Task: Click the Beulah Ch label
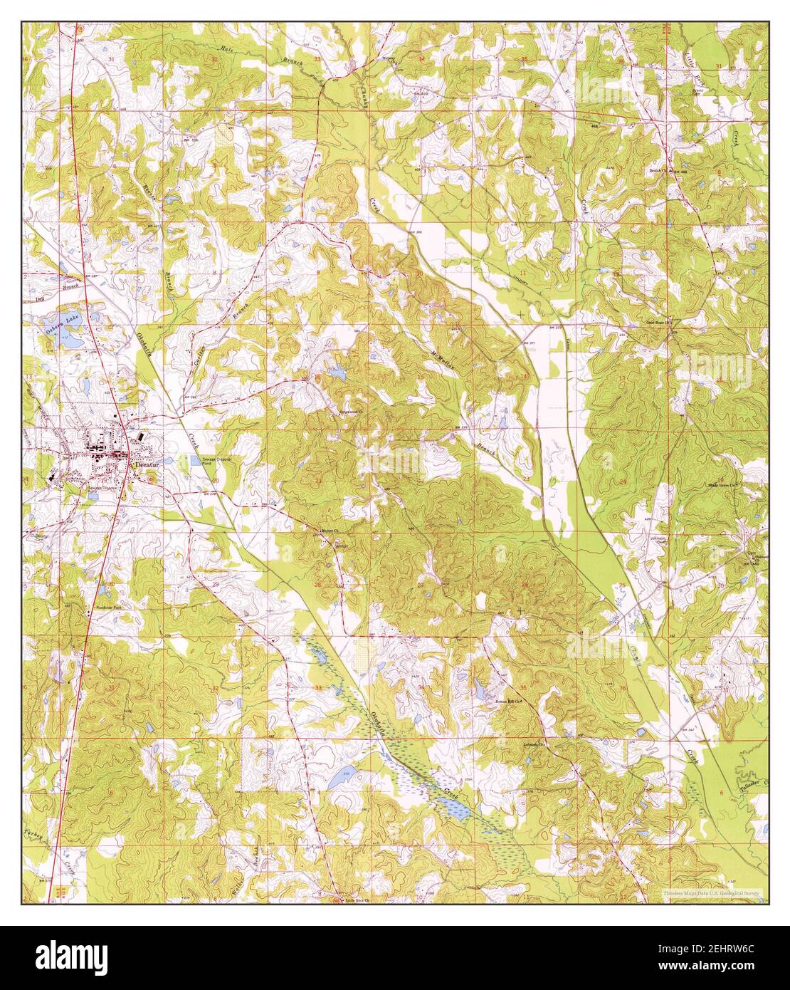(657, 171)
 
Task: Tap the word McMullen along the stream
(443, 347)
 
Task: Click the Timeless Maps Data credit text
(711, 892)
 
